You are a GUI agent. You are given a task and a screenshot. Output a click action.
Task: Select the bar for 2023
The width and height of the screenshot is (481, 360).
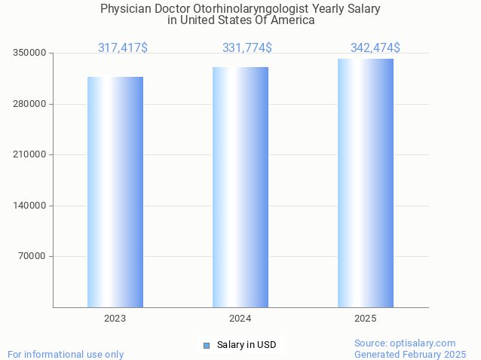pos(115,192)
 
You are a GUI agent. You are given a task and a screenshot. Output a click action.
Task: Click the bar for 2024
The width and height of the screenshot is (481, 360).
pos(240,187)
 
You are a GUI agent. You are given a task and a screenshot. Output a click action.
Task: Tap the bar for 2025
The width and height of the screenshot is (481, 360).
pos(366,183)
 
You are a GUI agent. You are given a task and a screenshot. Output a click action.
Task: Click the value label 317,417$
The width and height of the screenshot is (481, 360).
pos(123,48)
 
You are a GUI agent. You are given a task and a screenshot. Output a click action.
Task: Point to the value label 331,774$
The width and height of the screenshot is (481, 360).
pos(247,48)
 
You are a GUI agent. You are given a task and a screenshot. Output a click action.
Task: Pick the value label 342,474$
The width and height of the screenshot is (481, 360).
pos(375,48)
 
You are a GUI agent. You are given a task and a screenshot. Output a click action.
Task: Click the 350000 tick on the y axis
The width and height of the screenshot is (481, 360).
pos(31,53)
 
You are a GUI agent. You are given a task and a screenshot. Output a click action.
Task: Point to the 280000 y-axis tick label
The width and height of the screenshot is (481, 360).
pos(31,104)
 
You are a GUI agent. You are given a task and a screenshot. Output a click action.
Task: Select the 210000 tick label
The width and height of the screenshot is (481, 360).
pos(31,154)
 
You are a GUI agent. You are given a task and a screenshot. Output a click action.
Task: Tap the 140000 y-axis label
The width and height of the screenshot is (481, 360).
pos(31,206)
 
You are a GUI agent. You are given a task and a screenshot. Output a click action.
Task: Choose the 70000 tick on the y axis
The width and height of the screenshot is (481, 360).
pos(33,256)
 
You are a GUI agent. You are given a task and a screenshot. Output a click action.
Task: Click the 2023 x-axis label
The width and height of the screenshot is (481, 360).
pos(115,319)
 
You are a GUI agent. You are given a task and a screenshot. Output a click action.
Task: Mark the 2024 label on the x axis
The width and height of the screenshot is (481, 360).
pos(240,319)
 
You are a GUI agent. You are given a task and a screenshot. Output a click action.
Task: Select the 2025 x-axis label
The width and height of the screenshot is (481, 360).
pos(366,319)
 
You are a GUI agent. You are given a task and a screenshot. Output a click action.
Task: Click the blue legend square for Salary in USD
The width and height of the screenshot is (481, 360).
pos(207,345)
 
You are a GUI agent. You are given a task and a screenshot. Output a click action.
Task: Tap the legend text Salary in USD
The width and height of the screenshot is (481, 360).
pos(247,345)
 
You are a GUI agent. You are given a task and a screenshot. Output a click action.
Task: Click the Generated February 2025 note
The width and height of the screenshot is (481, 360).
pos(410,354)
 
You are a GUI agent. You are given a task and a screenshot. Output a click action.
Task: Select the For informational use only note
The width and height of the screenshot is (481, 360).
pos(66,354)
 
